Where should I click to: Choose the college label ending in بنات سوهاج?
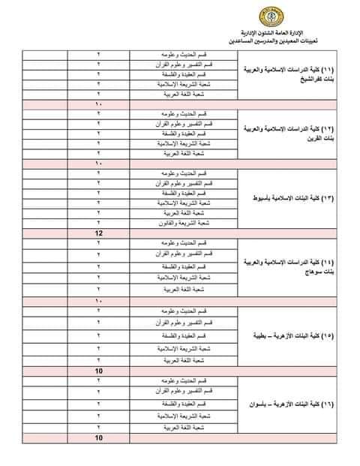click(293, 267)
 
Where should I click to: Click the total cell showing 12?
click(98, 234)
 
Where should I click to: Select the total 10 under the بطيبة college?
click(98, 371)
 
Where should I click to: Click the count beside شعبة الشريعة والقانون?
click(98, 224)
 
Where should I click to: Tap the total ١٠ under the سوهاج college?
click(98, 299)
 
